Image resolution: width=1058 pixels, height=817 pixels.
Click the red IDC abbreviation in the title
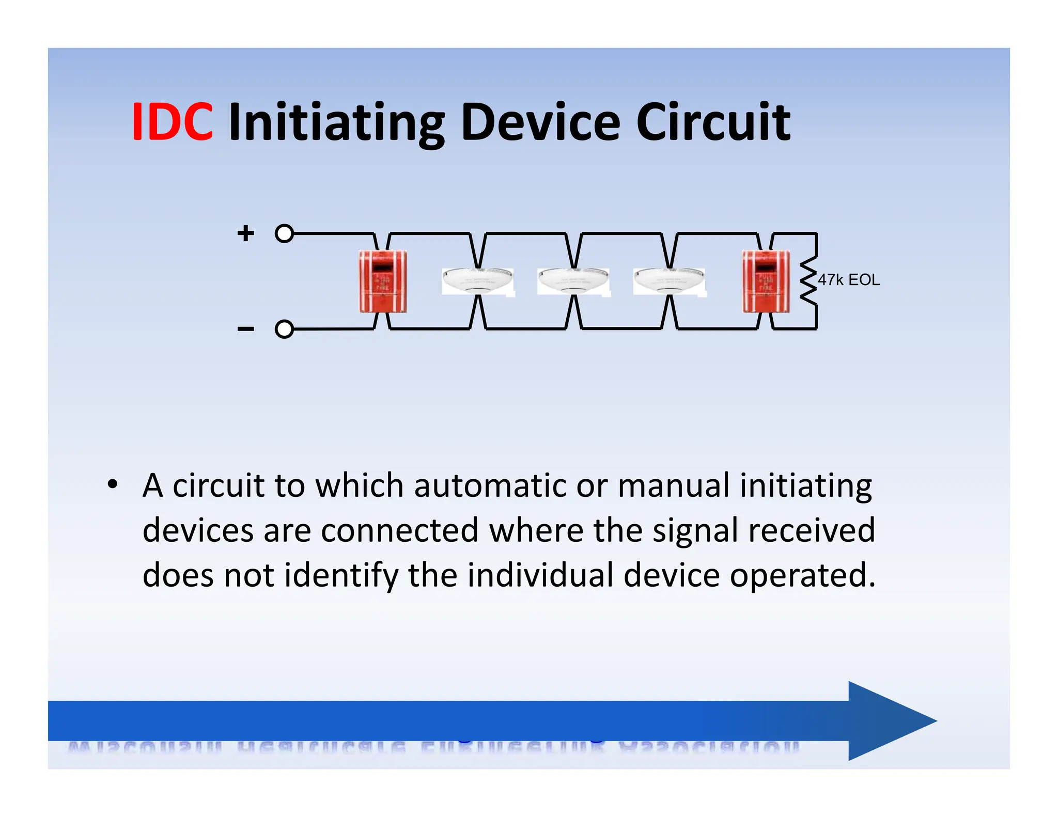172,122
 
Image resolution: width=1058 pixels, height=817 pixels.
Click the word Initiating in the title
336,122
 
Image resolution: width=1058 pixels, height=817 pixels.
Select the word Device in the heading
540,122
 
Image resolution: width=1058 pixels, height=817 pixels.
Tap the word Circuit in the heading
713,122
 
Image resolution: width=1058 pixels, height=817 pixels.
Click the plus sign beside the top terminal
246,233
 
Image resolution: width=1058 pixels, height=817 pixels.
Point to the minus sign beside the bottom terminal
246,329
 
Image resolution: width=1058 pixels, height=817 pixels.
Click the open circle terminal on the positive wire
284,233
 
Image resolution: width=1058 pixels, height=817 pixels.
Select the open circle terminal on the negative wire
284,329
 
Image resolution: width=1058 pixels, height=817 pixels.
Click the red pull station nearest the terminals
383,281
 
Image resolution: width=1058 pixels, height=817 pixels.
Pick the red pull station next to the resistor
766,281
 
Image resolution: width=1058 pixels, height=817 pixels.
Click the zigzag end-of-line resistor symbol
808,281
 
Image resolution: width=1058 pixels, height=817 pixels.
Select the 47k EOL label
849,280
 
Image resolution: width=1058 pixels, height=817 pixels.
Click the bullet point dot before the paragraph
112,485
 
